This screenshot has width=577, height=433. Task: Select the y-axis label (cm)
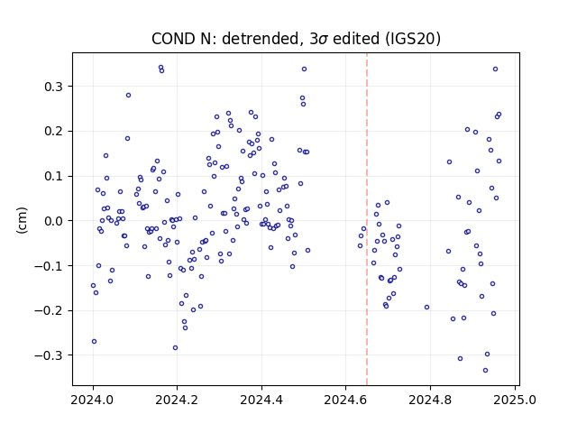[22, 220]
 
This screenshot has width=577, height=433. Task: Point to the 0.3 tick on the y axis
[54, 87]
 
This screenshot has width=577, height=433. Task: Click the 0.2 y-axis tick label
[54, 132]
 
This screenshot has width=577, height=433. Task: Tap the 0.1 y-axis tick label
[54, 177]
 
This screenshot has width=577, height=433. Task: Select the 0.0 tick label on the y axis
[54, 221]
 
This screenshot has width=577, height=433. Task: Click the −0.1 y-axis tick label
[49, 266]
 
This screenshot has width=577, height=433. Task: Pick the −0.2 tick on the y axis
[49, 310]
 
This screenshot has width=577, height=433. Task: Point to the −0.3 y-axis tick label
[49, 355]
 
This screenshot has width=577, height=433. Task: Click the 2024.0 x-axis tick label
[93, 400]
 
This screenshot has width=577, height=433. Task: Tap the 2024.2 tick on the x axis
[177, 400]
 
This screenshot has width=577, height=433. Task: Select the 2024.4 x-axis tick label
[261, 400]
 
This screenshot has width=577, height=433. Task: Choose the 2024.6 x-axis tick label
[345, 400]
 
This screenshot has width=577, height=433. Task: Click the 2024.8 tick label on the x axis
[430, 400]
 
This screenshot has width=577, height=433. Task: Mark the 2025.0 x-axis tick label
[515, 400]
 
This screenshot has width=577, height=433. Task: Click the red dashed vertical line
[367, 219]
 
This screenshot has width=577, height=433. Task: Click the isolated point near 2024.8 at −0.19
[426, 307]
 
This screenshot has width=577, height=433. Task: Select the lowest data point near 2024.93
[485, 371]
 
